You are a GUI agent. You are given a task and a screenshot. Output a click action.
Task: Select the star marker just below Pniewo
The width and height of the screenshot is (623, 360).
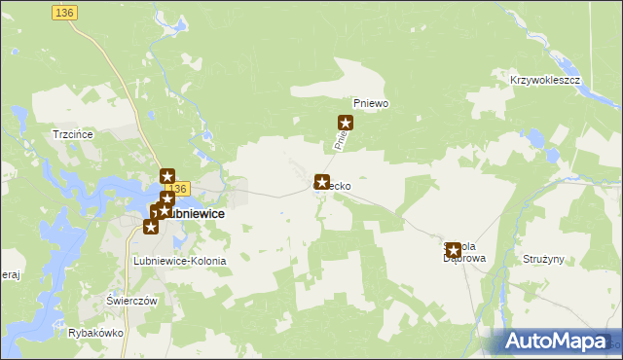coord(345,123)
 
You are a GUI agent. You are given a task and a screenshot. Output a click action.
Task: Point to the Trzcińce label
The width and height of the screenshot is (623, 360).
coord(73,134)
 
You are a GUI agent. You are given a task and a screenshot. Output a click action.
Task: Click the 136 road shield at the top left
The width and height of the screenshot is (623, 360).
coord(65,11)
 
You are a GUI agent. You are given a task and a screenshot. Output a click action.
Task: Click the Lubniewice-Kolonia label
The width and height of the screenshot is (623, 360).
coord(179,262)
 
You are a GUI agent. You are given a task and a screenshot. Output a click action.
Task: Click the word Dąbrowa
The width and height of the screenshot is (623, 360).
coord(463,259)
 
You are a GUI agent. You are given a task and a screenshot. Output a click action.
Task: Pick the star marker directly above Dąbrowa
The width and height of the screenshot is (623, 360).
coord(453,250)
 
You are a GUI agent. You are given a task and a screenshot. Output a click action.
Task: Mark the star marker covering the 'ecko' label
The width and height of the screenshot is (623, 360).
coord(321,182)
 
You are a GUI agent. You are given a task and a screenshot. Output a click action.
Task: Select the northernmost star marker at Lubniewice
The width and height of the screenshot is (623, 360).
coord(166,176)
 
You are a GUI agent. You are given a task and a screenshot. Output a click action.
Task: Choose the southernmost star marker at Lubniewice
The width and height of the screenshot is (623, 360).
coord(150,227)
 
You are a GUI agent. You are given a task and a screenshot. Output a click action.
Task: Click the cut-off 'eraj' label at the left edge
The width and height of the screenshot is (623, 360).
coord(10,275)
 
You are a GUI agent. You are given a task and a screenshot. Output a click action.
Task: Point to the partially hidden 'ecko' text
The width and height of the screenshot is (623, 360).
coord(339,183)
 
